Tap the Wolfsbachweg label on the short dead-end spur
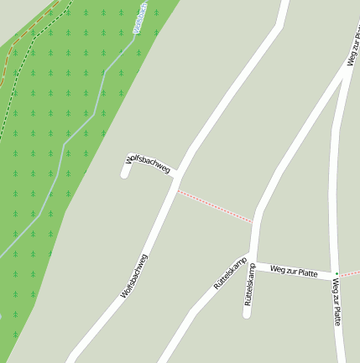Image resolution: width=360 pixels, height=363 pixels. (149, 163)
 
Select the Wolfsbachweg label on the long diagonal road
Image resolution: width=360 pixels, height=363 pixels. (135, 277)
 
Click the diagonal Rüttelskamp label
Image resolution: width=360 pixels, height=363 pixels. (229, 274)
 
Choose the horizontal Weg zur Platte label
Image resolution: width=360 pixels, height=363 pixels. (294, 271)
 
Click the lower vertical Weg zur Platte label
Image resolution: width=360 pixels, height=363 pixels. (336, 302)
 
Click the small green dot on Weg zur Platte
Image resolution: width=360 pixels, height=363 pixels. (337, 274)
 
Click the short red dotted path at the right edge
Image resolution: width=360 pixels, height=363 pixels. (350, 273)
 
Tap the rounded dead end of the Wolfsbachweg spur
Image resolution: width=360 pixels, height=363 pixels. (126, 174)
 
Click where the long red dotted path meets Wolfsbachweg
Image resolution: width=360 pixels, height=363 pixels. (177, 190)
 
